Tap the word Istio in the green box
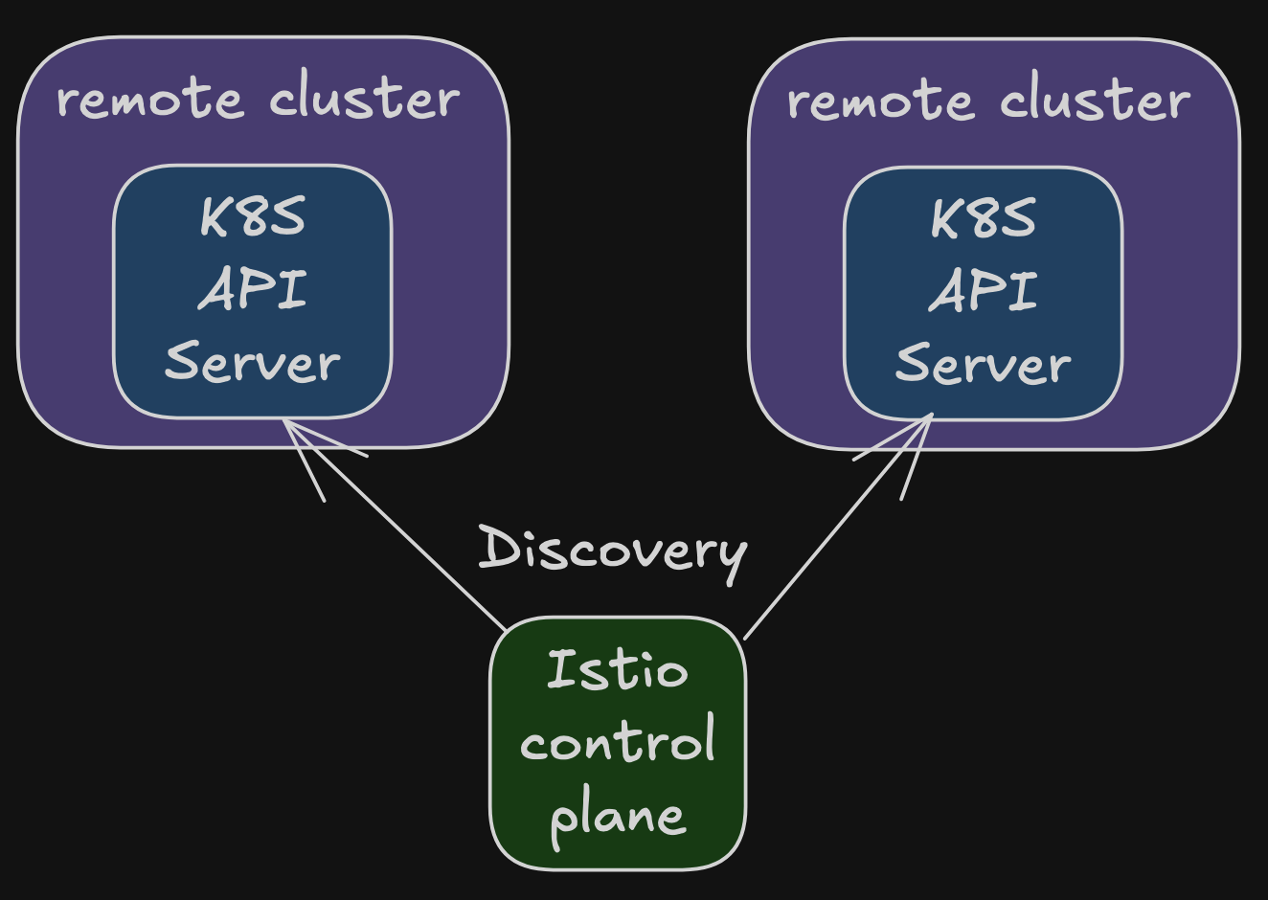click(618, 669)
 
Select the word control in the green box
click(618, 737)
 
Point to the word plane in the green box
click(618, 818)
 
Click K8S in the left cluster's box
click(253, 215)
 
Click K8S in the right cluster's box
click(984, 218)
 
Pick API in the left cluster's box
click(253, 289)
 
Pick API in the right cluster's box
click(984, 290)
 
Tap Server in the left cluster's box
click(253, 362)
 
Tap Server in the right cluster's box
click(984, 364)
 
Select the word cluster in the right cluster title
click(1096, 97)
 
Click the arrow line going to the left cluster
click(395, 525)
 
